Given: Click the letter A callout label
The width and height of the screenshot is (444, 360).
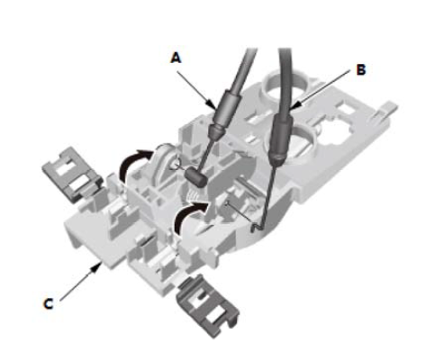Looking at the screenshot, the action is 176,58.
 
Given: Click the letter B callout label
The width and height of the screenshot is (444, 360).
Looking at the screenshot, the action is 361,70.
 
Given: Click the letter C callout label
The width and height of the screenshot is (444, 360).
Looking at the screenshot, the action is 49,304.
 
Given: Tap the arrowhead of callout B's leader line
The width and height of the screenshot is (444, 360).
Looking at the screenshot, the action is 294,106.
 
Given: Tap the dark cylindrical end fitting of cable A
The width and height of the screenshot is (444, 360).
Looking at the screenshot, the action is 195,177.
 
